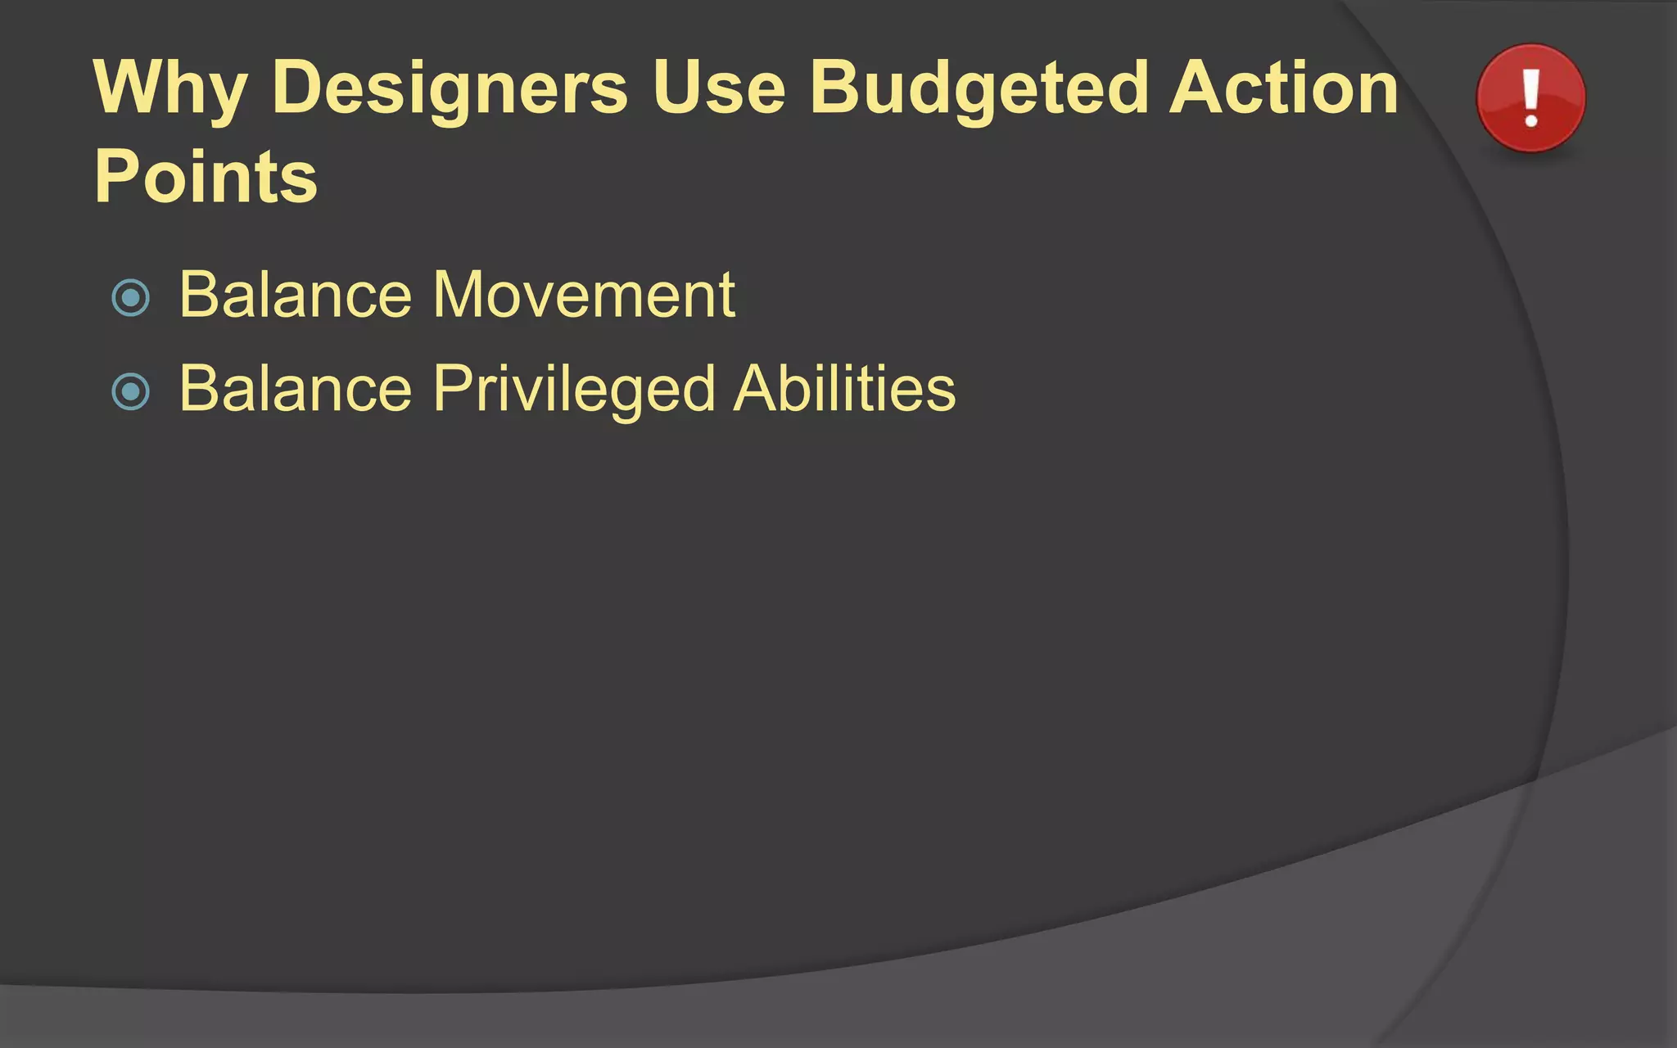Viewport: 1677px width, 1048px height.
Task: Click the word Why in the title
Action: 170,88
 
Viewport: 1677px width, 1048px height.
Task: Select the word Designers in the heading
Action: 450,88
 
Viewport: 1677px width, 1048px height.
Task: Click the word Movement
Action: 584,295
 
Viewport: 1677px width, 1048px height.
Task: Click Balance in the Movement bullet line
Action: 296,295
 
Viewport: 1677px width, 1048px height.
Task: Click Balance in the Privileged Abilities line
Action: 296,388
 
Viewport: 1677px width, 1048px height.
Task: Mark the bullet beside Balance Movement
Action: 131,298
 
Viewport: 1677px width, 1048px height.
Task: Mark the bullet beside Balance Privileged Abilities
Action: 131,391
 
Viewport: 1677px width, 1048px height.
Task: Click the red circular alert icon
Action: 1530,98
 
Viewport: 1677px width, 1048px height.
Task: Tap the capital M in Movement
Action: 461,295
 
